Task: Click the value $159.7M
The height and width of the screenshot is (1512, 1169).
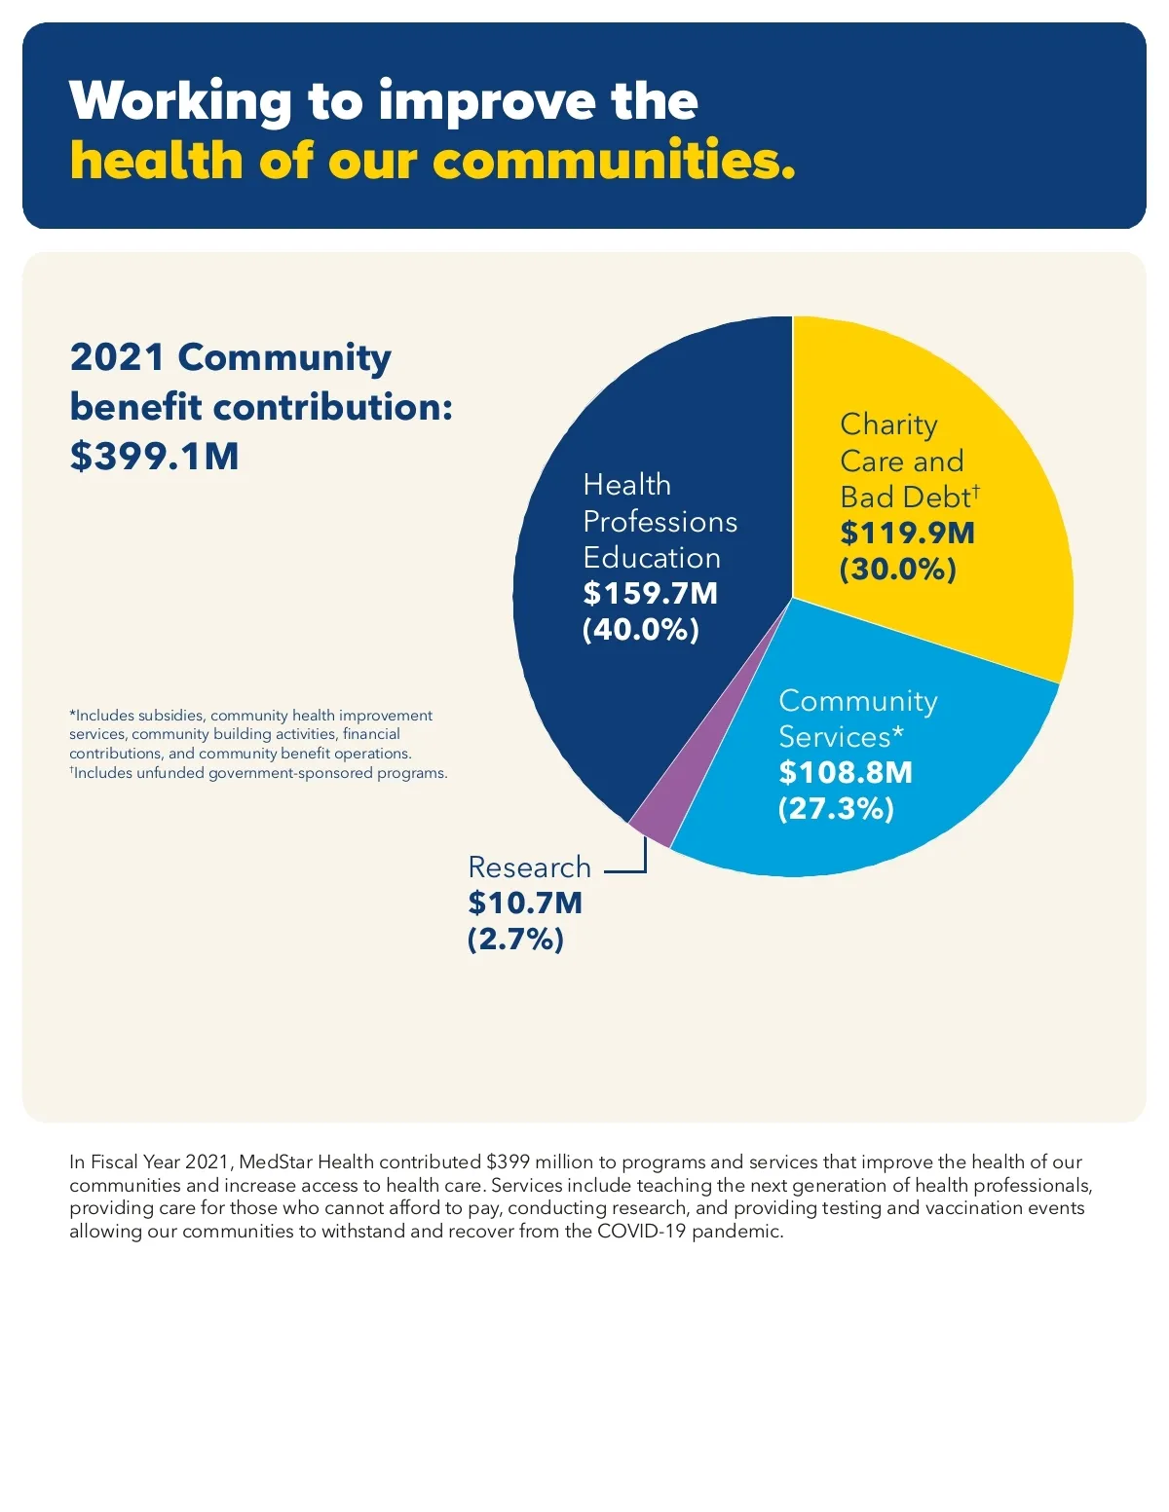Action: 650,593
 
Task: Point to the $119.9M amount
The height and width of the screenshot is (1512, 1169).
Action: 907,533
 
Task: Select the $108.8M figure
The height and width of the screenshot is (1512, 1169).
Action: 846,772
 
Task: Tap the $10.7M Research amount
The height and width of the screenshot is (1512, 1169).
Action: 525,903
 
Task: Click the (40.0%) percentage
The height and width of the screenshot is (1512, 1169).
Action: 641,630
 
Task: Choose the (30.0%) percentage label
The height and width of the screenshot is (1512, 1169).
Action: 898,570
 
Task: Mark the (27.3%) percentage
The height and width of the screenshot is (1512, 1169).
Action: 836,809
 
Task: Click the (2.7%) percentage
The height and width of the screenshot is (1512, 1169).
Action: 515,940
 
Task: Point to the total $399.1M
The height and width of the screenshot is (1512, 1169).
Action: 154,456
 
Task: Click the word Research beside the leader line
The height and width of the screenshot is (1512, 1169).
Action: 529,867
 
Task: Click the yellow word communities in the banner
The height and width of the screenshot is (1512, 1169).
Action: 614,161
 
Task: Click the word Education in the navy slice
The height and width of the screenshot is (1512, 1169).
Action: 652,558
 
